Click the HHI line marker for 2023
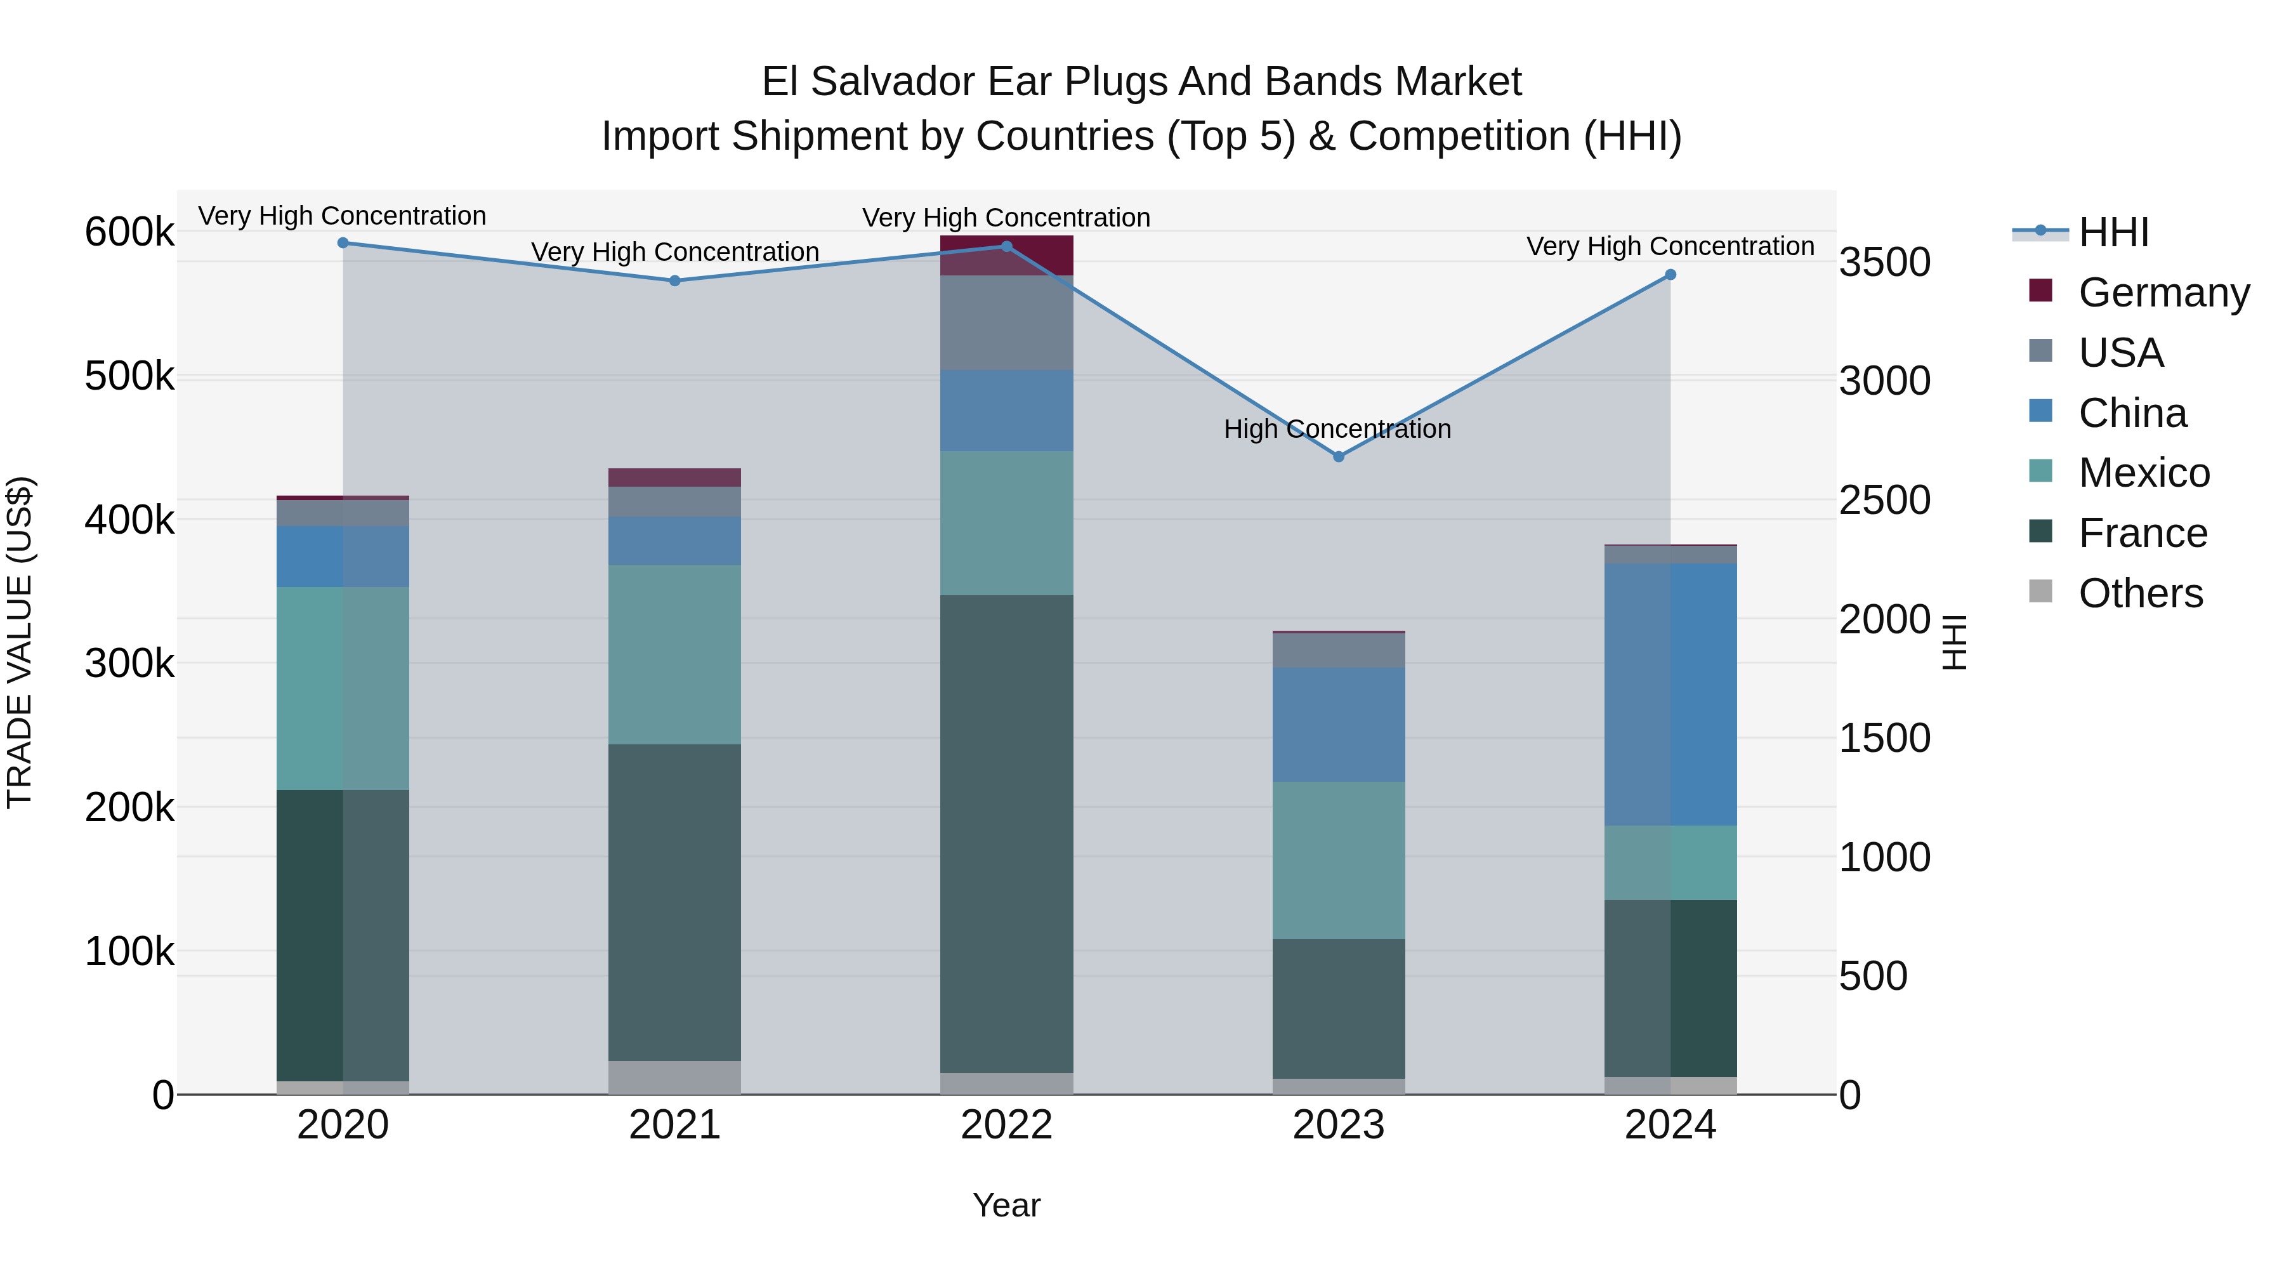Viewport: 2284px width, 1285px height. (1339, 457)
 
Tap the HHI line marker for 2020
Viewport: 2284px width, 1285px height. (343, 243)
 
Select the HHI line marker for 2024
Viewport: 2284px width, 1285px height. (1670, 275)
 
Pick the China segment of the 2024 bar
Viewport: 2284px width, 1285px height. (1670, 694)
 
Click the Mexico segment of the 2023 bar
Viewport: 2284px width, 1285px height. (1339, 860)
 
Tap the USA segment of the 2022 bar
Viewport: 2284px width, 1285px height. (1006, 323)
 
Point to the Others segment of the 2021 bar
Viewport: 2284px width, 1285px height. (675, 1077)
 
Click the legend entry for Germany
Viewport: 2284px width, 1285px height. (2163, 293)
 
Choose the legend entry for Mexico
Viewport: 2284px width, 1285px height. (2143, 473)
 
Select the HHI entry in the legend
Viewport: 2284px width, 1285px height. (2113, 232)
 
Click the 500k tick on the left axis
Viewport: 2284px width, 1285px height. (129, 376)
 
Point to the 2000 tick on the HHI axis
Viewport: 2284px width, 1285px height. (1884, 619)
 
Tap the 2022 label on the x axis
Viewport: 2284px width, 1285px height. (1006, 1125)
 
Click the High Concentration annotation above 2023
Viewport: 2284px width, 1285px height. (1337, 429)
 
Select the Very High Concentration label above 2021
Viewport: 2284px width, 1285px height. (675, 252)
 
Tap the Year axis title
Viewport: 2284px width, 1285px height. (1006, 1205)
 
